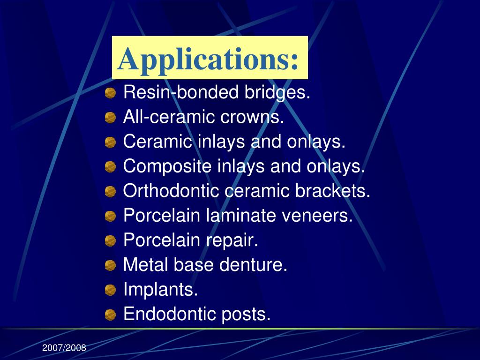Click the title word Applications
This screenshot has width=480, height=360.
point(209,60)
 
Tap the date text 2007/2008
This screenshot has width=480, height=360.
point(64,348)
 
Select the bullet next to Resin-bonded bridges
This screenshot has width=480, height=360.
point(110,93)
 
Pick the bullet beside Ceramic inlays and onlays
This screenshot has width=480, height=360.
point(110,142)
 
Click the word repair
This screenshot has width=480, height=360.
point(232,240)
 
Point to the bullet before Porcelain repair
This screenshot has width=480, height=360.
point(110,241)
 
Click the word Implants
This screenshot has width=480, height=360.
point(160,290)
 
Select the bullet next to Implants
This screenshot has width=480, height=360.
point(110,291)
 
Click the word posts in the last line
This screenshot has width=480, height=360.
point(249,315)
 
